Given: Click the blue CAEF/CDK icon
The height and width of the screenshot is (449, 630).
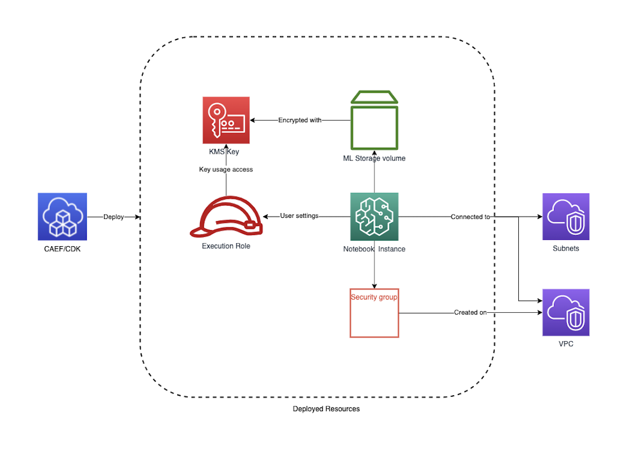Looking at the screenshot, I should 62,217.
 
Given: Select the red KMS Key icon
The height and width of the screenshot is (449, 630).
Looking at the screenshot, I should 226,121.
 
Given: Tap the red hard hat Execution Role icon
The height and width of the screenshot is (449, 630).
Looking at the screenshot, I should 226,217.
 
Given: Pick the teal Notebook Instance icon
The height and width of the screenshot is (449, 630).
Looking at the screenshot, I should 374,217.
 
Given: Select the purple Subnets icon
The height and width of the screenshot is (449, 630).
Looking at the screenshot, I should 566,217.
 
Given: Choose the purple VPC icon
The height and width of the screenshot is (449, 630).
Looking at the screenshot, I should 566,312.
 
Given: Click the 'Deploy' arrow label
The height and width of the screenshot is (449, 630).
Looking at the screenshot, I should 114,217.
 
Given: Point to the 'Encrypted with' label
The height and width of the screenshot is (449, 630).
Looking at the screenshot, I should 300,120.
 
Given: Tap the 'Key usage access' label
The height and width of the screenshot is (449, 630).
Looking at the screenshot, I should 226,169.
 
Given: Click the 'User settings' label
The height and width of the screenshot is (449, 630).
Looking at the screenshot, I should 299,216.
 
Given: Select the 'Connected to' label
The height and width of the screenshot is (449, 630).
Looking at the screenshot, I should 470,217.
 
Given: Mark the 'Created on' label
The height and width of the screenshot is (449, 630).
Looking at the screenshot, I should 470,312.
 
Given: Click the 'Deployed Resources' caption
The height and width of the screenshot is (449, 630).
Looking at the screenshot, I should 326,409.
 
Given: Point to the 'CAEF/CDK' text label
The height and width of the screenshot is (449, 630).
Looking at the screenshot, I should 62,249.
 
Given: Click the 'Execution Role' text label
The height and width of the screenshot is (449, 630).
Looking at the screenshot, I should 226,246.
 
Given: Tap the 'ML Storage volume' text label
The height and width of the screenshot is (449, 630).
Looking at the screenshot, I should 374,158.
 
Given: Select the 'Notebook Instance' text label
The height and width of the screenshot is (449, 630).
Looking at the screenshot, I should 374,249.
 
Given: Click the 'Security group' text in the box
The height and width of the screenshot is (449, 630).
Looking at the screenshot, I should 374,297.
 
